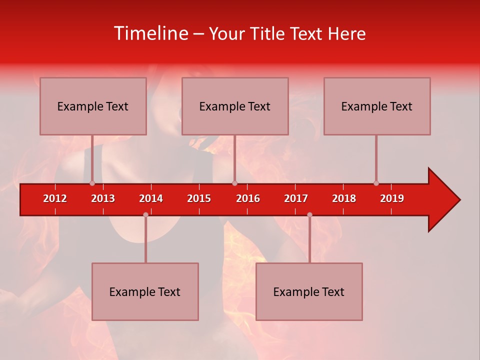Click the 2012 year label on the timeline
tap(55, 198)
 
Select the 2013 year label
tap(103, 198)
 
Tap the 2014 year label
tap(151, 198)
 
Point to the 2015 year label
tap(199, 198)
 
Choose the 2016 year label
tap(248, 198)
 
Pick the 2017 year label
tap(296, 198)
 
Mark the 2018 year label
tap(344, 198)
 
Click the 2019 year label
tap(392, 198)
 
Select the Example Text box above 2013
tap(93, 106)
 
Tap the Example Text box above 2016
tap(235, 106)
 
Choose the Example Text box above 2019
tap(377, 106)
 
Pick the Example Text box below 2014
tap(145, 292)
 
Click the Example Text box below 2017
tap(309, 292)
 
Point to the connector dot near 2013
tap(92, 183)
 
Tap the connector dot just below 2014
tap(145, 214)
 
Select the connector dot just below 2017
tap(309, 214)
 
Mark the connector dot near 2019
tap(376, 183)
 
